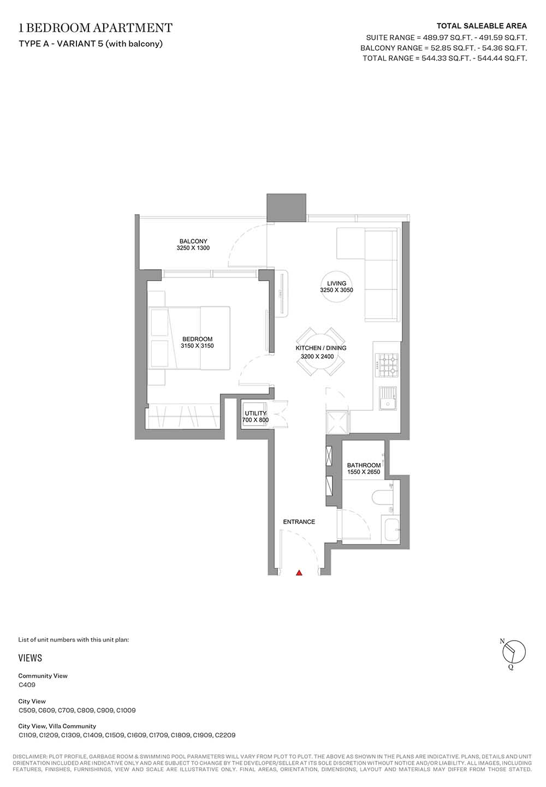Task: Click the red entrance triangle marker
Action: (x=299, y=573)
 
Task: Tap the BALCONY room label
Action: (x=193, y=241)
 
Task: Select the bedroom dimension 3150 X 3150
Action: (x=197, y=346)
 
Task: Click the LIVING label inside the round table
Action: (x=336, y=283)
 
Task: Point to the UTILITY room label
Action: (x=256, y=413)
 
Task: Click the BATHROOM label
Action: (x=364, y=465)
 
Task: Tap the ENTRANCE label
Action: (x=299, y=522)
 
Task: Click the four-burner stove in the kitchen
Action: (x=387, y=365)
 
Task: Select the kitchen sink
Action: (x=388, y=398)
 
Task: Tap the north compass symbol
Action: (x=513, y=652)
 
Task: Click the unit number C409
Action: (x=27, y=684)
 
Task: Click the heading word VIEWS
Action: (x=30, y=658)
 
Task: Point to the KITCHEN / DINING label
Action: (x=321, y=348)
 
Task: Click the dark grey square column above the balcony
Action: (x=286, y=208)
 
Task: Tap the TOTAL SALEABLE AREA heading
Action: (x=482, y=26)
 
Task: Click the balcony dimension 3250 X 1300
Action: (x=193, y=248)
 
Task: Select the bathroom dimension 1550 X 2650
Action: (x=364, y=472)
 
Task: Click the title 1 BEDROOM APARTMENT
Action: (x=96, y=27)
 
